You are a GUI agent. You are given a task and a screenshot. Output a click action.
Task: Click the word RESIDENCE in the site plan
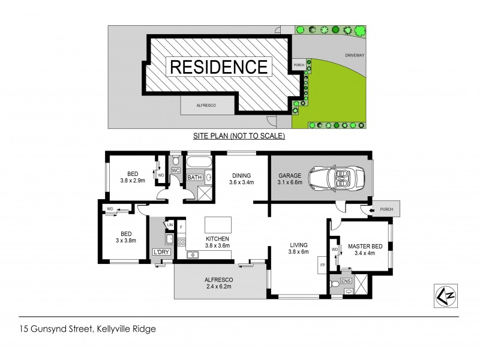point(219,66)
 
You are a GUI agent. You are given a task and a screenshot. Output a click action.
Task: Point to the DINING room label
point(240,179)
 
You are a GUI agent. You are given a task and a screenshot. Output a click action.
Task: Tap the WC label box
point(176,171)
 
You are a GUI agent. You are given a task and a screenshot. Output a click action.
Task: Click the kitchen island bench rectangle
point(218,224)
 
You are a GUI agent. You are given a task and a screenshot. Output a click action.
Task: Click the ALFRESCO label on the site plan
point(206,105)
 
